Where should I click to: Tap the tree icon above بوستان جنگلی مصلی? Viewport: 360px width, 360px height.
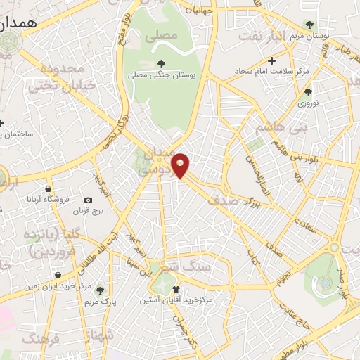[x=162, y=64]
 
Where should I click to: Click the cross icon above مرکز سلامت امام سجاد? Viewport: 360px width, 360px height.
[x=271, y=61]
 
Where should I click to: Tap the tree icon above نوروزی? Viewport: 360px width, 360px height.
[x=308, y=91]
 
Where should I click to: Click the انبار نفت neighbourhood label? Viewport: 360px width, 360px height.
[x=264, y=36]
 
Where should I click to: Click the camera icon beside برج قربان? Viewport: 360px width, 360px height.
[x=89, y=200]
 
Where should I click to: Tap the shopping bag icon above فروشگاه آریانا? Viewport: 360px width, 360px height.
[x=48, y=188]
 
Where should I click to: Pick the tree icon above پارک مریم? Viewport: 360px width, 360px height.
[x=100, y=290]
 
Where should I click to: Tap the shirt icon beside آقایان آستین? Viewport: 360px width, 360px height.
[x=176, y=290]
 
